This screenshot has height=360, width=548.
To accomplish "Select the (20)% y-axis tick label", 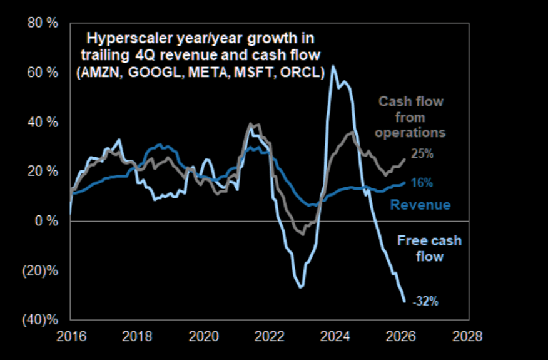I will [43, 271].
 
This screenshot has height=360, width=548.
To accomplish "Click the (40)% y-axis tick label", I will [43, 320].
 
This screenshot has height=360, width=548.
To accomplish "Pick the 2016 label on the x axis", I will [69, 336].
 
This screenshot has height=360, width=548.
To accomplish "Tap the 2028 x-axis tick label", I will [469, 336].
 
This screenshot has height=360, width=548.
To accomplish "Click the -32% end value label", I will [425, 301].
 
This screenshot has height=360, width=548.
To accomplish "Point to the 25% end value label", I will [422, 154].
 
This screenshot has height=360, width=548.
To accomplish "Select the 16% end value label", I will [422, 183].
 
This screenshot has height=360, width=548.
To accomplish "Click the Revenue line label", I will [420, 205].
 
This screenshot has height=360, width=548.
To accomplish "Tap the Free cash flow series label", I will [429, 249].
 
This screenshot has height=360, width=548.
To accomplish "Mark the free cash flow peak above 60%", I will [333, 66].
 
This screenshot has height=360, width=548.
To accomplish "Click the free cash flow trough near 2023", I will [302, 287].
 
